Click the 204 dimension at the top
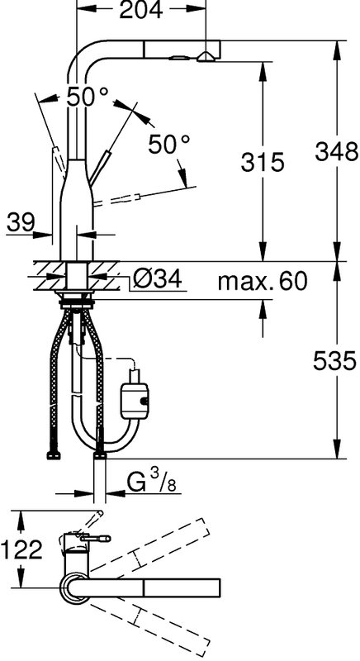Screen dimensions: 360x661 [141, 10]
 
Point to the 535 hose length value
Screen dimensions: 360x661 [335, 361]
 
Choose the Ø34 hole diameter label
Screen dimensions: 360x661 [157, 278]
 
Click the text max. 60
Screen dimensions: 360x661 [262, 281]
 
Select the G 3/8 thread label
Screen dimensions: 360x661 [151, 483]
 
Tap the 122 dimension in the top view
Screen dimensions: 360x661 [22, 549]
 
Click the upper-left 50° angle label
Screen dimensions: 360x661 [88, 97]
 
